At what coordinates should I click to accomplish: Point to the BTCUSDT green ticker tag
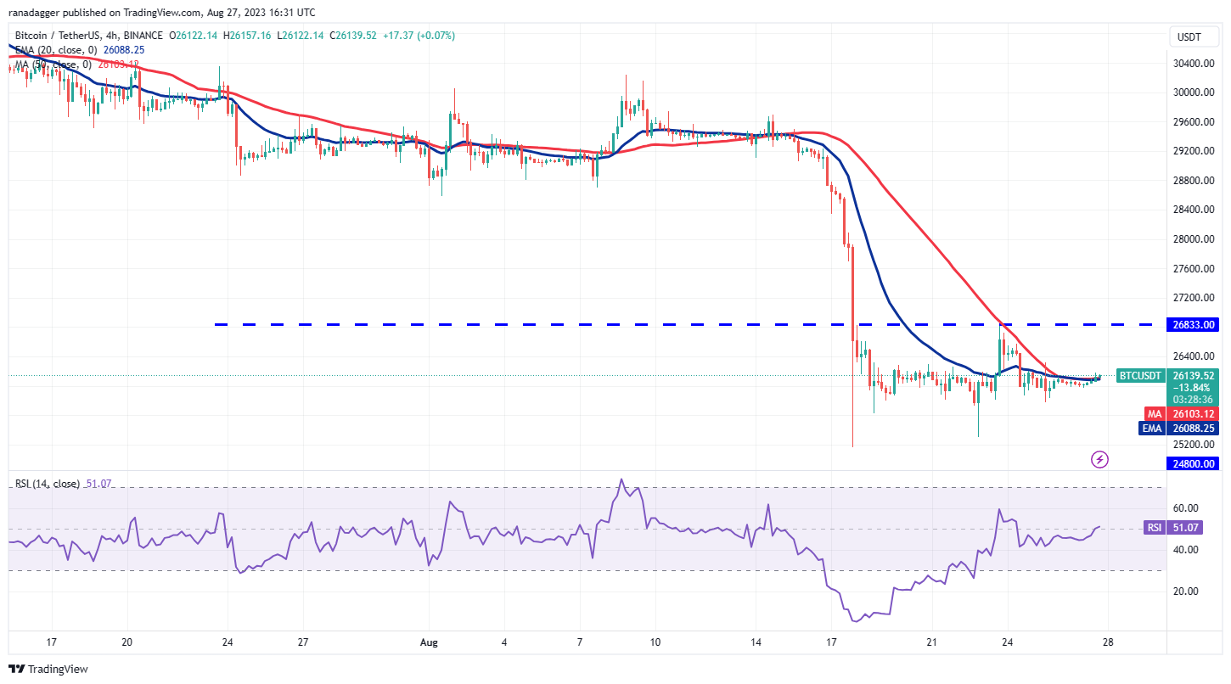click(x=1139, y=375)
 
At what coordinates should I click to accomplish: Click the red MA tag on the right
click(x=1154, y=414)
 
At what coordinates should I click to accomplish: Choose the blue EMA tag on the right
click(x=1151, y=429)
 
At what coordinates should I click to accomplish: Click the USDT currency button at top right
click(x=1190, y=36)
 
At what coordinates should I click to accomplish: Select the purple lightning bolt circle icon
click(x=1100, y=459)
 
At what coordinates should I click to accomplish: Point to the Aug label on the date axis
click(x=428, y=642)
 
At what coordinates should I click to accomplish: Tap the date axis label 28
click(x=1107, y=642)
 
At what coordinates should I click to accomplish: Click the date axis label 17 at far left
click(x=52, y=642)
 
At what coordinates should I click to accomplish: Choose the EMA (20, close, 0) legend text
click(x=53, y=50)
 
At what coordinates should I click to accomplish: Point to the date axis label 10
click(x=655, y=642)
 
